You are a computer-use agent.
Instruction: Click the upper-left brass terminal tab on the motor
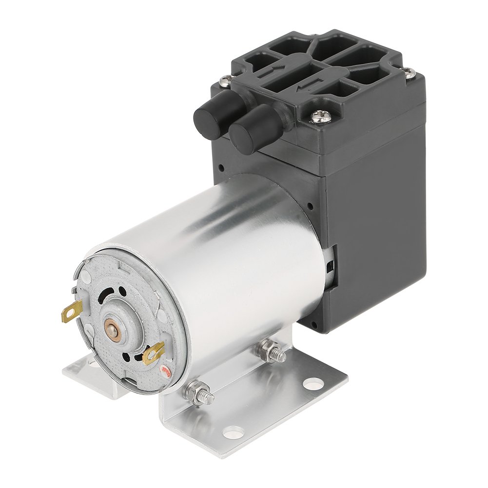click(x=72, y=310)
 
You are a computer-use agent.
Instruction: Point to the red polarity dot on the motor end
click(x=166, y=372)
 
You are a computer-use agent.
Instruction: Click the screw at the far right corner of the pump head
click(x=409, y=73)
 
